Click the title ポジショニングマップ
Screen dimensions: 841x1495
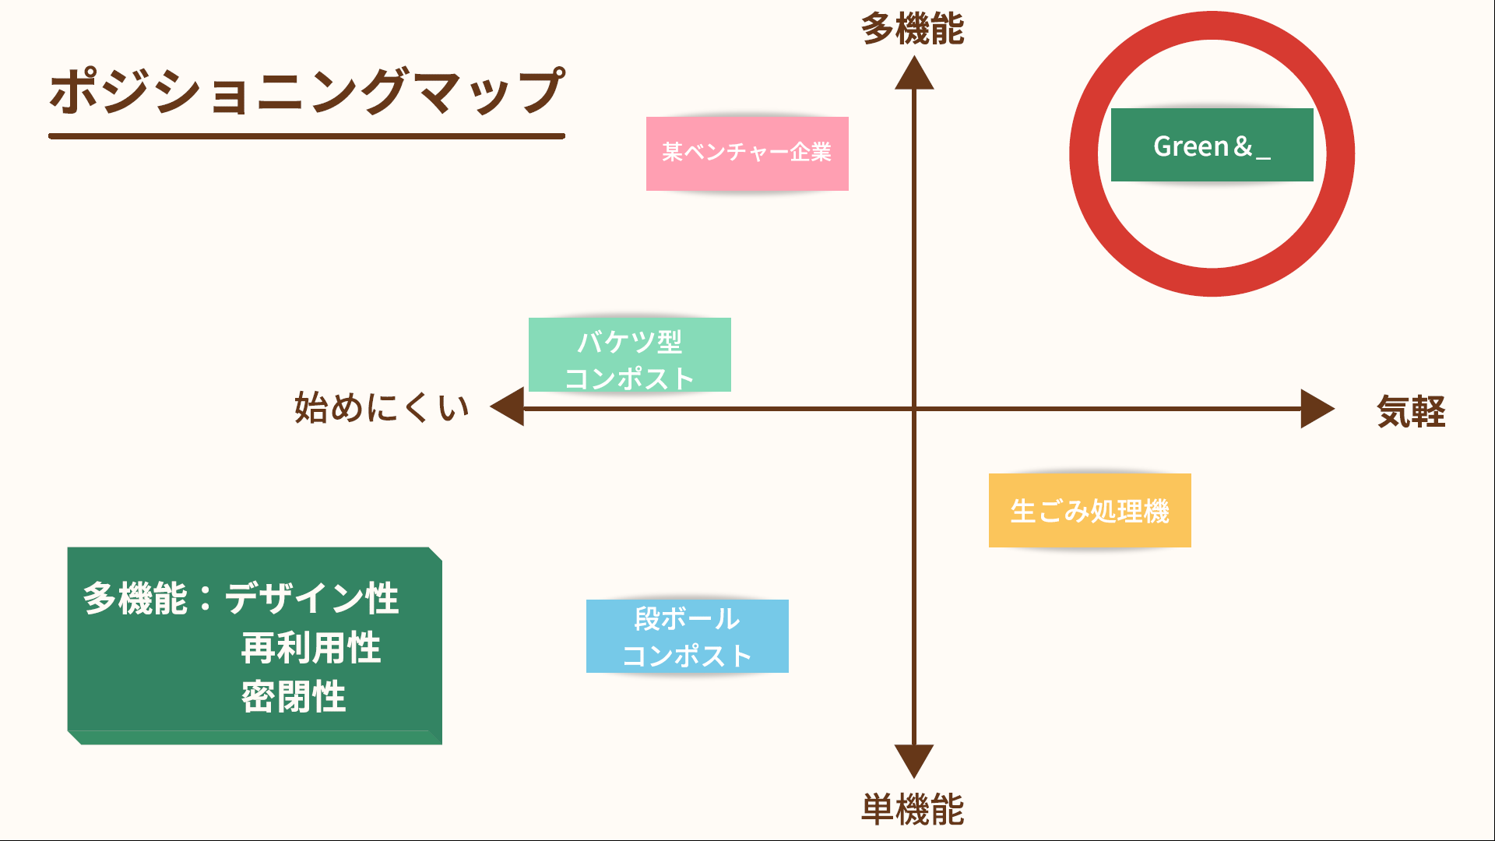pos(306,91)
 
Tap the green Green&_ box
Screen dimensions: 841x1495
pos(1212,146)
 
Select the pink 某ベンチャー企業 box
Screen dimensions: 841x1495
pos(747,153)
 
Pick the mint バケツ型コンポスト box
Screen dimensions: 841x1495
pos(629,355)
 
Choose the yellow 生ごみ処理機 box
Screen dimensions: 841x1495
pos(1089,511)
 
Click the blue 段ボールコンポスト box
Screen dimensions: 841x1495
pos(687,636)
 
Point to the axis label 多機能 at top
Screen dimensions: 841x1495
pos(913,30)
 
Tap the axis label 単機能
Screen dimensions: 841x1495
pos(913,810)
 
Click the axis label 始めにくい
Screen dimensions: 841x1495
pos(382,407)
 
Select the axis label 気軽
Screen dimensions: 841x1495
pos(1411,411)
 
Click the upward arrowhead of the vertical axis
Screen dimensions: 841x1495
pos(914,75)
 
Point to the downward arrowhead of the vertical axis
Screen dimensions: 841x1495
pos(914,760)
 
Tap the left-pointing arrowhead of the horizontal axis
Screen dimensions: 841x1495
pos(508,407)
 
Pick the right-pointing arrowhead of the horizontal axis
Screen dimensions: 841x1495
pos(1317,409)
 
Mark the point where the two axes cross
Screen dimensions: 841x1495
pos(914,408)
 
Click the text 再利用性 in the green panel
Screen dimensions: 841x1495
pos(311,648)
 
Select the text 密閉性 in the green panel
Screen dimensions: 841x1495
pos(293,697)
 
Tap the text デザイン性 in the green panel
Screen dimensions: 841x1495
pos(311,599)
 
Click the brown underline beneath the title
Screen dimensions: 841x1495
pos(306,136)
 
